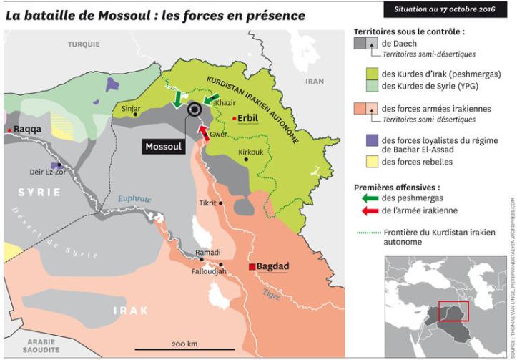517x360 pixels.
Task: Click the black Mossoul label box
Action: [164, 146]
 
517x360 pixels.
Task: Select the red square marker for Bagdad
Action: [252, 267]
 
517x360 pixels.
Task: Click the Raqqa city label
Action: [28, 129]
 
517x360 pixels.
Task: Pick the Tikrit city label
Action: [207, 203]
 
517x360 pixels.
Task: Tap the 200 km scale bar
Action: [184, 349]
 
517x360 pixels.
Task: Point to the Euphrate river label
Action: [135, 198]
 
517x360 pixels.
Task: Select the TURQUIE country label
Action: [84, 44]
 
